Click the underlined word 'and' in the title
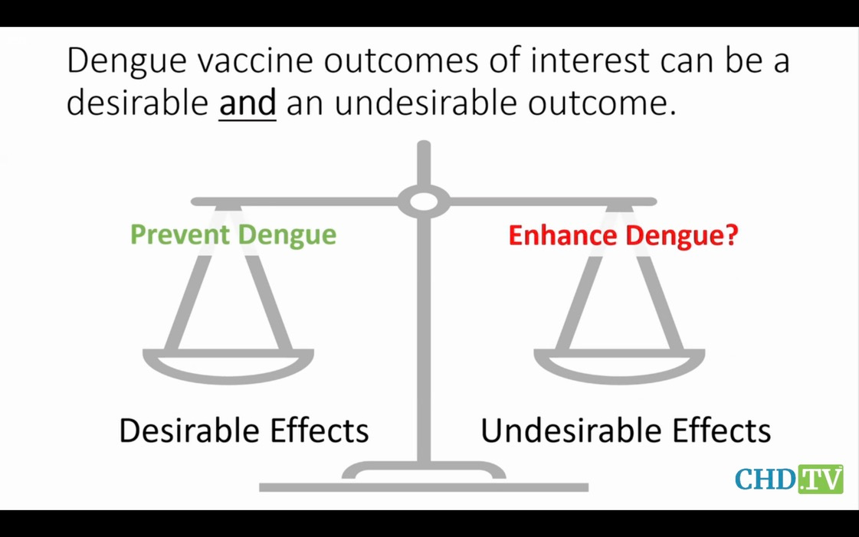tap(247, 103)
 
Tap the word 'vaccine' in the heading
tap(255, 60)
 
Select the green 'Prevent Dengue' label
tap(234, 235)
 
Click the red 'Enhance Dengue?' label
tap(623, 235)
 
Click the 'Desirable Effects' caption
tap(244, 431)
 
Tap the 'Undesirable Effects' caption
tap(625, 431)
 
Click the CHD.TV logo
tap(789, 479)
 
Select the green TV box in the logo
tap(820, 479)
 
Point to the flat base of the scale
tap(424, 487)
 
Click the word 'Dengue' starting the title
tap(126, 61)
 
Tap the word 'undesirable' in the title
tap(425, 103)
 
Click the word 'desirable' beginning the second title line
tap(137, 103)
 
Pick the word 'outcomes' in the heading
tap(401, 60)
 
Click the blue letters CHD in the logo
tap(766, 480)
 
